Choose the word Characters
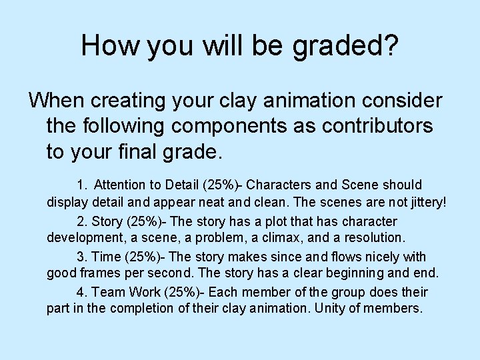pyautogui.click(x=283, y=185)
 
